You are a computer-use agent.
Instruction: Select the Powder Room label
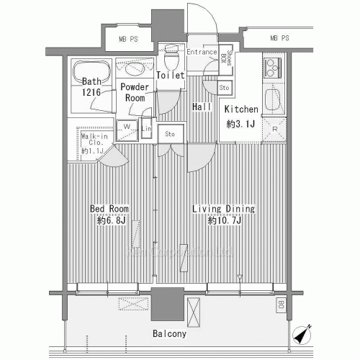pos(135,93)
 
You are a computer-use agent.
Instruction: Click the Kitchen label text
pos(241,109)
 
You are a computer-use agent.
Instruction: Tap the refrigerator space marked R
pos(276,130)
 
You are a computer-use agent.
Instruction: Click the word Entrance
pos(202,52)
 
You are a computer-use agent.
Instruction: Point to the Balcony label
pos(170,334)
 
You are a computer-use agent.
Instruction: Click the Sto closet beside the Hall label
pos(224,88)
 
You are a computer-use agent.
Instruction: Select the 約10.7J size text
pos(224,221)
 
